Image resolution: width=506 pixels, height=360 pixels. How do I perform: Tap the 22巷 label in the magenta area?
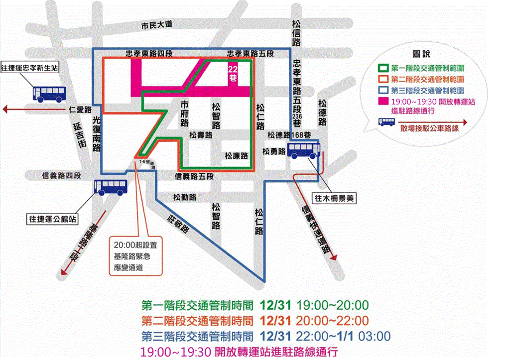[232, 73]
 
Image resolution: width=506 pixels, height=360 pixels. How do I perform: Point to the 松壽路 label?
[201, 135]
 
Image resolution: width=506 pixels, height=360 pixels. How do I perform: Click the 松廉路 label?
[237, 155]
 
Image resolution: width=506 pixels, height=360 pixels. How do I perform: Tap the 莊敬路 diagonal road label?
[178, 223]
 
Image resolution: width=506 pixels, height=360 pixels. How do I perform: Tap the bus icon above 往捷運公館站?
[111, 187]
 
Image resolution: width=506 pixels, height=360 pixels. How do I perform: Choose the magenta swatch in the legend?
[384, 102]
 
